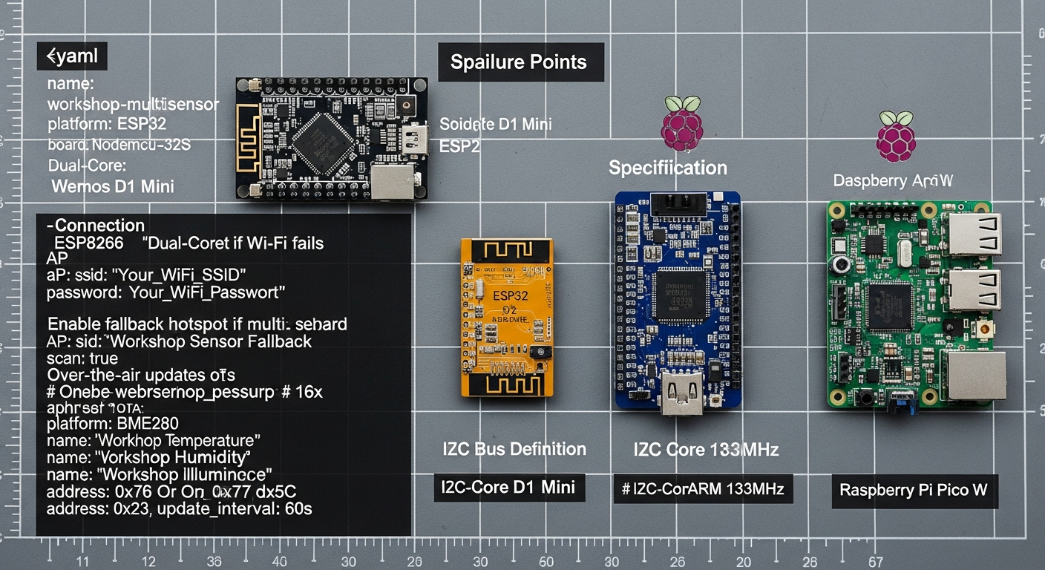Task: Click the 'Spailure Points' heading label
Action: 519,62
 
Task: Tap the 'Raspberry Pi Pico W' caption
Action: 914,490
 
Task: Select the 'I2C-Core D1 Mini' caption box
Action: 509,488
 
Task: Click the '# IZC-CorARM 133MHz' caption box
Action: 703,489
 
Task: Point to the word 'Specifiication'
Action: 668,168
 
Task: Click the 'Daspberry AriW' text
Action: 893,180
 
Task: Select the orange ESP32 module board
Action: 507,317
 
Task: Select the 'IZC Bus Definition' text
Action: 514,449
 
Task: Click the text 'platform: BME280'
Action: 112,425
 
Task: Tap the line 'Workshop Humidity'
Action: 148,457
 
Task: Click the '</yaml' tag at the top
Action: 72,56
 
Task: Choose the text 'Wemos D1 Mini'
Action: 113,186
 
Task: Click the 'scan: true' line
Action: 82,358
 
